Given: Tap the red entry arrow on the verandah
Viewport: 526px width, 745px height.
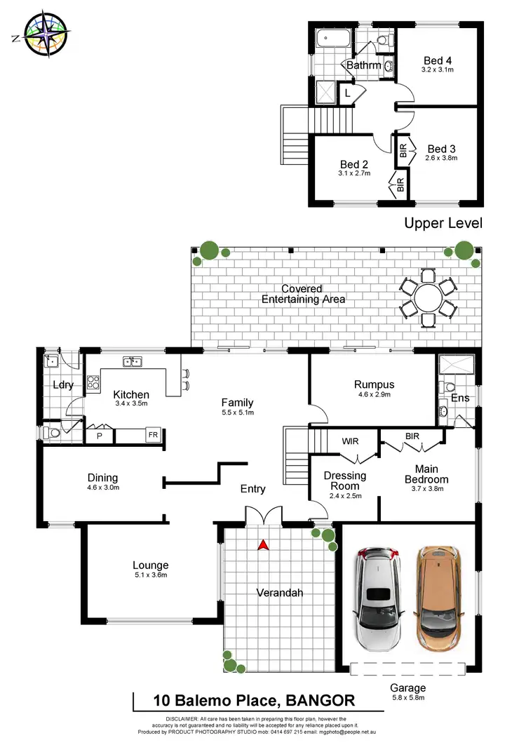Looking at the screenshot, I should [x=263, y=544].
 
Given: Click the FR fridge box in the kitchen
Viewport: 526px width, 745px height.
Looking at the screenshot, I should [x=152, y=435].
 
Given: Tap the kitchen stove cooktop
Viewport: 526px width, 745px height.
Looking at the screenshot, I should [x=94, y=383].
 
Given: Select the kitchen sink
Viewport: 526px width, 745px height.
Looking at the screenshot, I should [x=131, y=362].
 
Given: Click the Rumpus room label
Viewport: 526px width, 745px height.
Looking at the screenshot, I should [x=373, y=384].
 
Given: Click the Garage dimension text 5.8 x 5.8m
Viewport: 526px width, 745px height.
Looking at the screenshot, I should [x=409, y=699].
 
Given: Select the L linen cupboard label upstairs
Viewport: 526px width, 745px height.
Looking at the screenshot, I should [x=347, y=92].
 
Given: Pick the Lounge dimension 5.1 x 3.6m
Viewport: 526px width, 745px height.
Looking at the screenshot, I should [x=151, y=575].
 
